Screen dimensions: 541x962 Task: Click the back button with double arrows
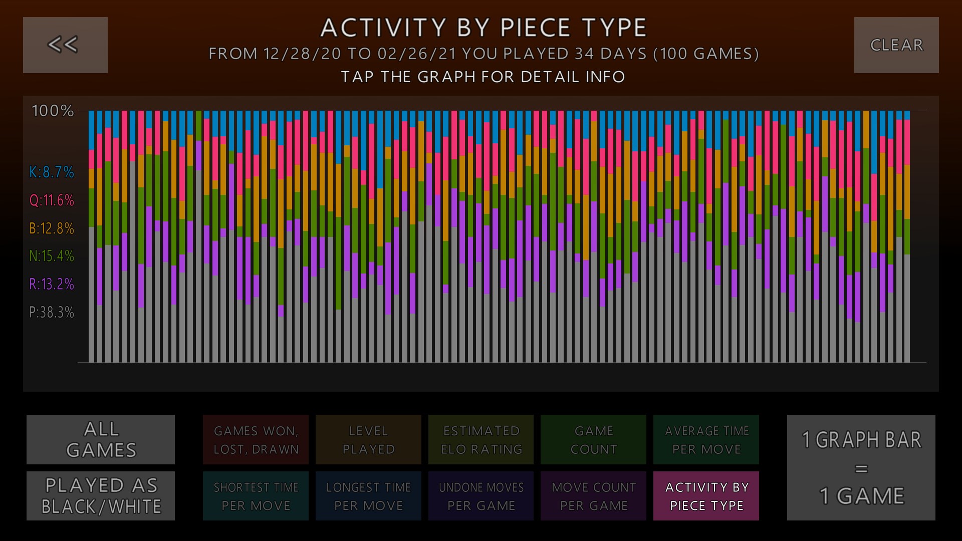pos(65,45)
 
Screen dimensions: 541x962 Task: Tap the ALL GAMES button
pos(101,439)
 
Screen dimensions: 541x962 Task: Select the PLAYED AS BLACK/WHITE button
pos(101,496)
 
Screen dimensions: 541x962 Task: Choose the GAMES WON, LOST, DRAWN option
pos(256,439)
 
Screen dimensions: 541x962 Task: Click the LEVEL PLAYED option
pos(368,439)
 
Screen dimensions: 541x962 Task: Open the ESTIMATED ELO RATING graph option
pos(481,439)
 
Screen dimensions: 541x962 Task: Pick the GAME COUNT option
pos(593,439)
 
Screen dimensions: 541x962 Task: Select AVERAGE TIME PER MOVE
pos(706,439)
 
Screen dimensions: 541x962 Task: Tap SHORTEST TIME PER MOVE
pos(256,496)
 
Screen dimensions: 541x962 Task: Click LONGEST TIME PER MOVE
pos(368,496)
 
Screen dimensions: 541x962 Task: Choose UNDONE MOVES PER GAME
pos(481,496)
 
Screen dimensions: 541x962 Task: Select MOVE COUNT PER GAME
pos(593,496)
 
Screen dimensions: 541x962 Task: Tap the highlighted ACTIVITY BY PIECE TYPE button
pos(706,496)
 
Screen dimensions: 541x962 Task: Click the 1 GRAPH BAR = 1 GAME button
pos(861,467)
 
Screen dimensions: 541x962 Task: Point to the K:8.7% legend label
pos(52,172)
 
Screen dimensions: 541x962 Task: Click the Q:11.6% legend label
pos(52,200)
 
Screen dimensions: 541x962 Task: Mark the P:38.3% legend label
pos(52,313)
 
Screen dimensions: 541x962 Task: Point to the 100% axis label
pos(53,111)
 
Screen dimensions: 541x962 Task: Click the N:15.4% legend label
pos(52,256)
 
